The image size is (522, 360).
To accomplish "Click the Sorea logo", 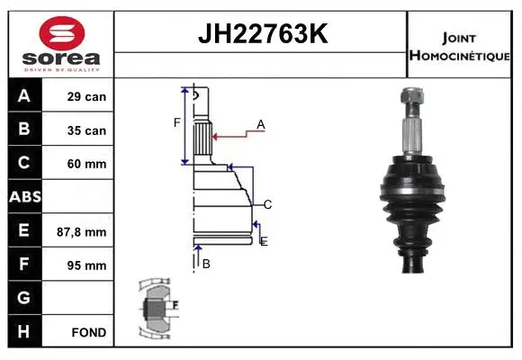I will [x=61, y=43].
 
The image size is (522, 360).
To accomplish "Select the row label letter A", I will [x=24, y=96].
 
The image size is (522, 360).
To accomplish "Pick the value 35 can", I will [x=86, y=130].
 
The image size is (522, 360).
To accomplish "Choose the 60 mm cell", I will [x=86, y=164].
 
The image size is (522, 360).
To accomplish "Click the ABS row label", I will [x=24, y=197].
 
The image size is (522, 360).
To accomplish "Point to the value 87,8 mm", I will [x=86, y=231].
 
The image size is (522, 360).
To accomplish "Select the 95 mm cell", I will [x=86, y=265].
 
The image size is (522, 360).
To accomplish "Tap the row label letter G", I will [x=24, y=298].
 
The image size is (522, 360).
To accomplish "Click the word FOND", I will [x=88, y=332].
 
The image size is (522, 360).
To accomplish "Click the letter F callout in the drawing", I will [x=177, y=122].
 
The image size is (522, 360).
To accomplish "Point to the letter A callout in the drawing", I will [x=260, y=124].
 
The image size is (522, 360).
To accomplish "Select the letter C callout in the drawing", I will [x=267, y=204].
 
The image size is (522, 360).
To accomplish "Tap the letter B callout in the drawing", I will [x=206, y=264].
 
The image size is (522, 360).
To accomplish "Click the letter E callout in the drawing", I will [x=263, y=241].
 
